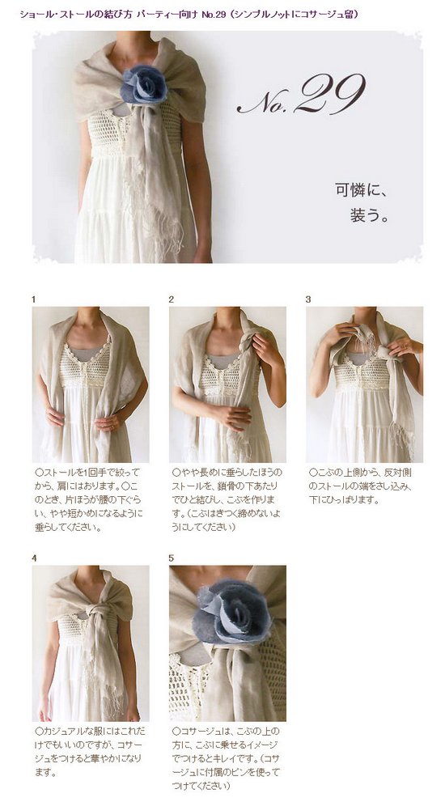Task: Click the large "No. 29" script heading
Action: pos(300,97)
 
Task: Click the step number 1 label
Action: pos(34,299)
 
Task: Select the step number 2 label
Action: pos(172,299)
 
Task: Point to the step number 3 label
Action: pos(308,299)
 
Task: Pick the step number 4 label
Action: pos(34,558)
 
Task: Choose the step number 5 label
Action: pos(172,558)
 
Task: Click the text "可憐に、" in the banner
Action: pos(362,192)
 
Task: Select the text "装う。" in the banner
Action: pos(371,216)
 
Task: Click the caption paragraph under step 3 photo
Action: pos(363,484)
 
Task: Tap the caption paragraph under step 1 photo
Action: pos(89,499)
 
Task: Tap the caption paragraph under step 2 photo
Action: pos(227,499)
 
